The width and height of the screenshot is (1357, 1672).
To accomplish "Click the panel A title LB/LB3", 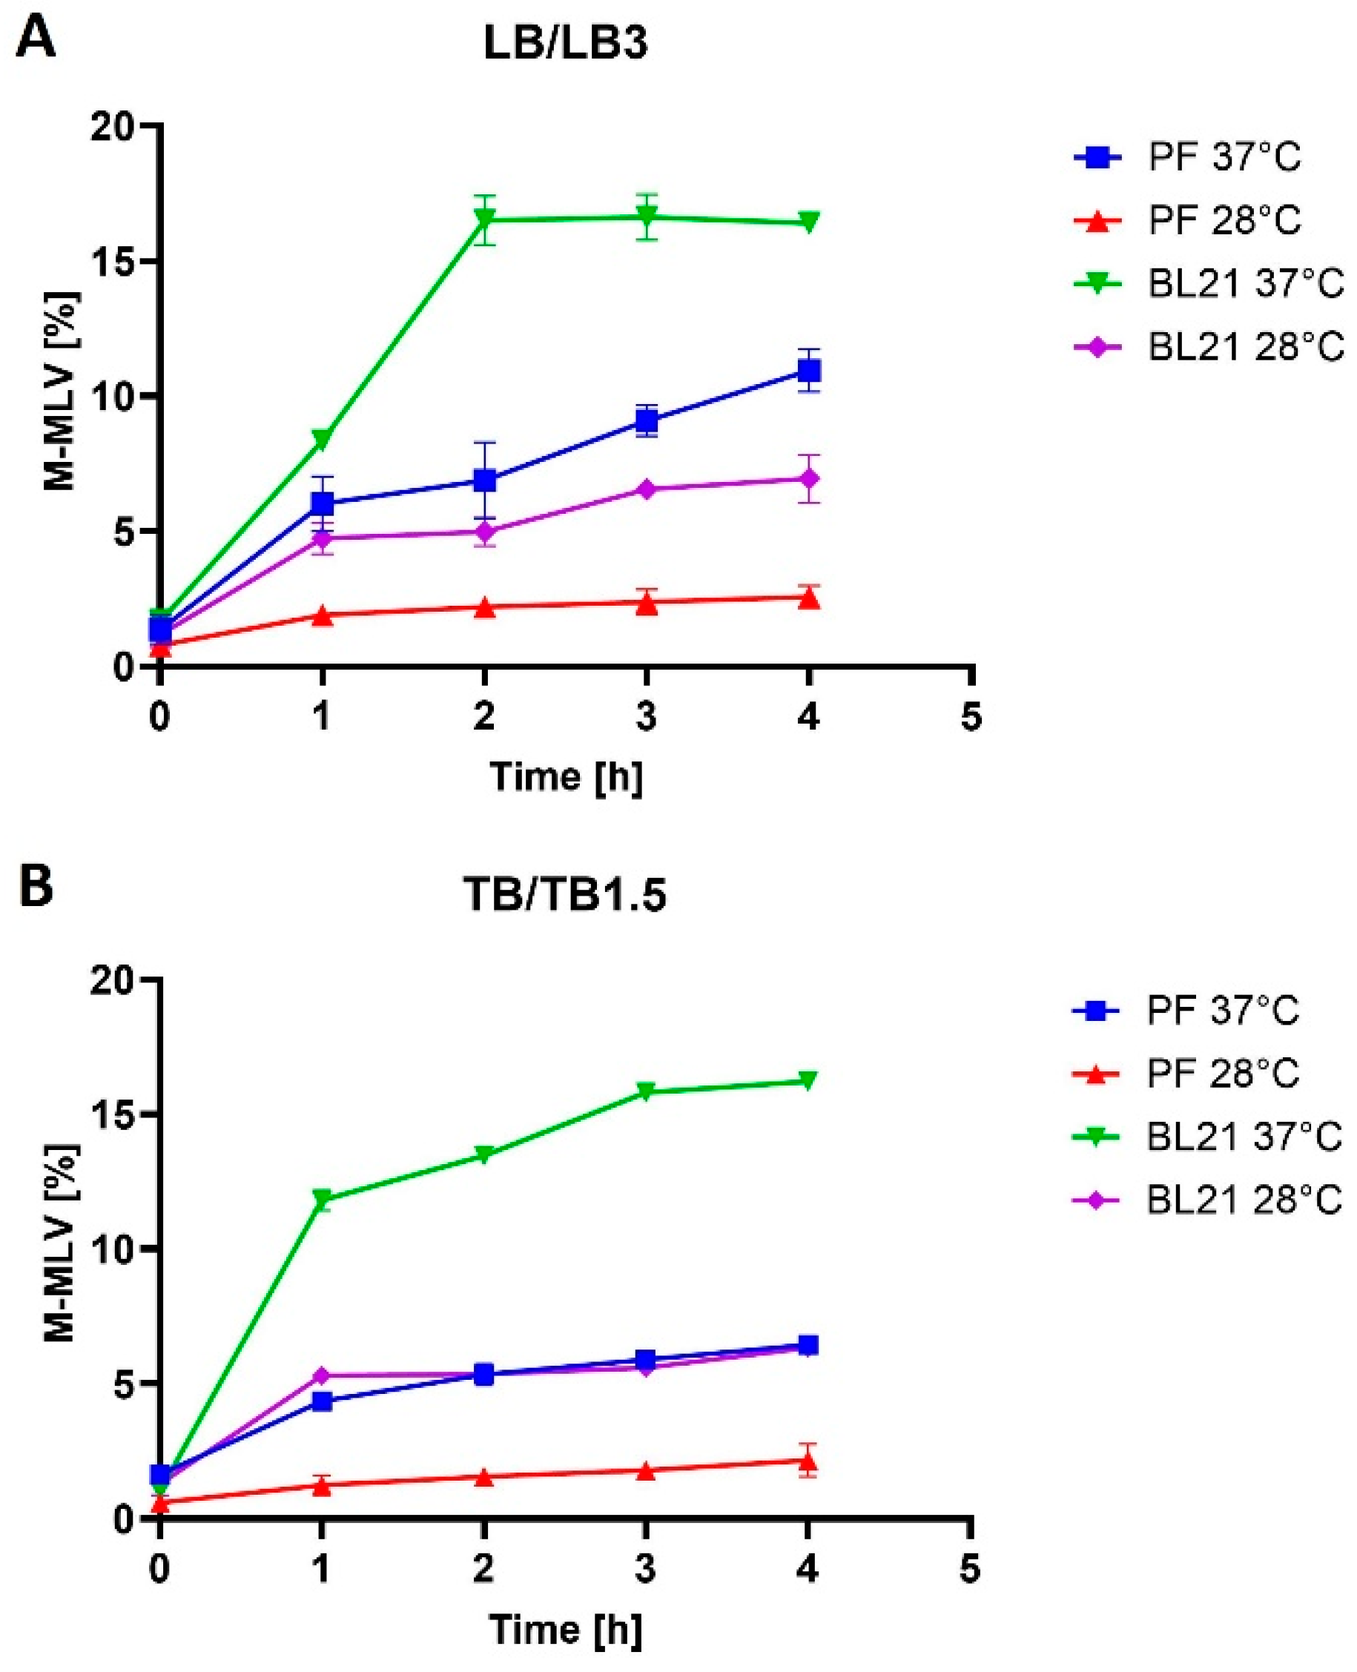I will [565, 45].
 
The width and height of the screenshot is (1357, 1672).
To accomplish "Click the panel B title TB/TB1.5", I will [565, 896].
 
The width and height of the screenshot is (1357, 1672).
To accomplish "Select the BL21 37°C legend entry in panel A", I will [1208, 283].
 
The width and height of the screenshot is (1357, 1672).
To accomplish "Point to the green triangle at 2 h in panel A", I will [485, 220].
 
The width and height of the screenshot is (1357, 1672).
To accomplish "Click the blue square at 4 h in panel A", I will [809, 370].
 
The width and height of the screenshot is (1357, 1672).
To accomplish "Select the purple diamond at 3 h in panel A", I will [647, 489].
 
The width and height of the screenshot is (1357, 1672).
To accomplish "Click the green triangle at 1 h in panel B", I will [322, 1198].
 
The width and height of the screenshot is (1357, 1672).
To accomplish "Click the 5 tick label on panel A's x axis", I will [970, 717].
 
